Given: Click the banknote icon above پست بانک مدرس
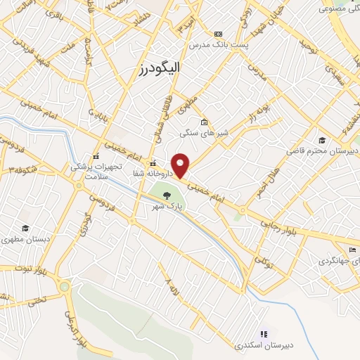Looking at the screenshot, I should pyautogui.click(x=218, y=34).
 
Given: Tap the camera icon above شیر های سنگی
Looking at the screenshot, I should pyautogui.click(x=204, y=120).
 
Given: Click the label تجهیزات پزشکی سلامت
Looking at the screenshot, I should pyautogui.click(x=96, y=171).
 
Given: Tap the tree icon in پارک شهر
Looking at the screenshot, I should pyautogui.click(x=167, y=195).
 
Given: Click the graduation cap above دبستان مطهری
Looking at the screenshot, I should pyautogui.click(x=25, y=229).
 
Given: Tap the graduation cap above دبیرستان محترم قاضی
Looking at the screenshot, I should pyautogui.click(x=322, y=140).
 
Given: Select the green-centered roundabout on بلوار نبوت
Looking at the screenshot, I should pyautogui.click(x=65, y=286).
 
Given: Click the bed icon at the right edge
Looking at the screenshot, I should pyautogui.click(x=353, y=250).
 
